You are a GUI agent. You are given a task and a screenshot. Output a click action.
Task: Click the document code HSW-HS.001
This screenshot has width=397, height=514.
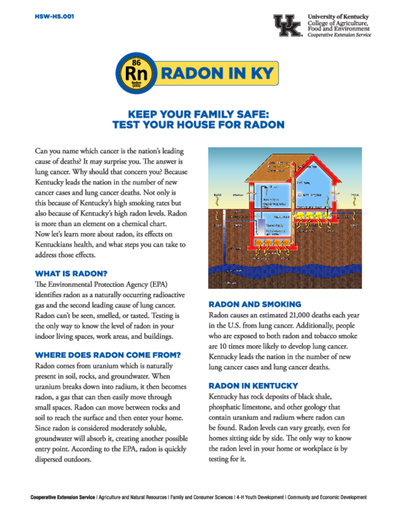click(x=54, y=16)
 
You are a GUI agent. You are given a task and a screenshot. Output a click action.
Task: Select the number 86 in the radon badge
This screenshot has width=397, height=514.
click(x=137, y=62)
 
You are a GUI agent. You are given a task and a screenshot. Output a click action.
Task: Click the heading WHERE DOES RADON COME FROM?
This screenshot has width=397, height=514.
click(x=108, y=355)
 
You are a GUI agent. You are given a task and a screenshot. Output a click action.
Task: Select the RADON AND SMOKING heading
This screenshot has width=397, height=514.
click(x=254, y=304)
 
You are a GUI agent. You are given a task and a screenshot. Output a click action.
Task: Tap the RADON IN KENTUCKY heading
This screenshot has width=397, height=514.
click(x=253, y=385)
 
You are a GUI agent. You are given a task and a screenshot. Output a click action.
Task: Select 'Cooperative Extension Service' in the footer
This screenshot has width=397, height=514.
click(x=62, y=497)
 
